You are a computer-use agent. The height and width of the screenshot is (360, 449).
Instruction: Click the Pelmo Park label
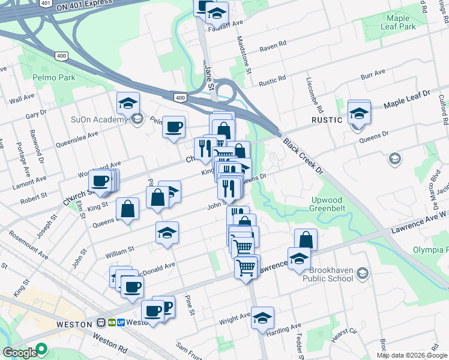(x=55, y=77)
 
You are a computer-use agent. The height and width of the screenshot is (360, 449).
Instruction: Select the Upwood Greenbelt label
(x=328, y=204)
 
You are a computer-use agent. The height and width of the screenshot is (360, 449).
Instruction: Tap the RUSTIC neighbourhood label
(x=327, y=120)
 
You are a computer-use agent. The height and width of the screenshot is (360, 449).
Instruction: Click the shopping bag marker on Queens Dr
(x=128, y=208)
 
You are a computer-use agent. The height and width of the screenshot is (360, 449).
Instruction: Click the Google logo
(x=19, y=353)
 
